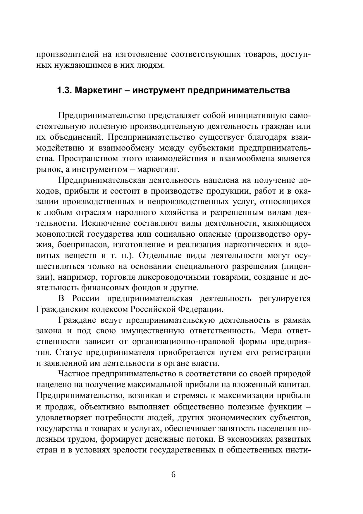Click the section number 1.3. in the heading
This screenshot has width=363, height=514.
(x=65, y=90)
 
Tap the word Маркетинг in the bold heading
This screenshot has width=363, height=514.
(x=98, y=90)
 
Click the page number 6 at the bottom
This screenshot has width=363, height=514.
(x=173, y=475)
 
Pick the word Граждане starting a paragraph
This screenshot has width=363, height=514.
(x=77, y=320)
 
